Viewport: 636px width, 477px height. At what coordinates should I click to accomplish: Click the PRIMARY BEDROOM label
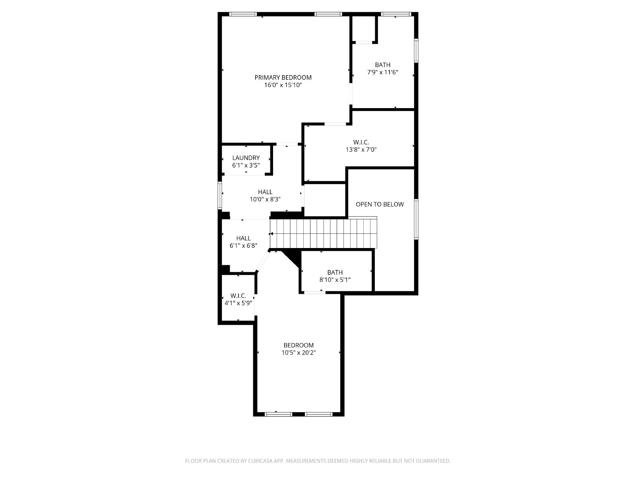pyautogui.click(x=283, y=78)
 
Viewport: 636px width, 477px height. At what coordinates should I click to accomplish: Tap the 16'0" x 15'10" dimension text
pyautogui.click(x=283, y=85)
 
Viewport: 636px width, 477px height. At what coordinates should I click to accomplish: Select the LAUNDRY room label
pyautogui.click(x=246, y=158)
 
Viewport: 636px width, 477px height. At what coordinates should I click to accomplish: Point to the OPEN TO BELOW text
pyautogui.click(x=380, y=204)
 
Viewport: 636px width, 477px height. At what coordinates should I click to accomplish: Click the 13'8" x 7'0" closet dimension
pyautogui.click(x=361, y=150)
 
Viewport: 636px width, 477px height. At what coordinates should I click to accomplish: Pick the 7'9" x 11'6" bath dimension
pyautogui.click(x=382, y=72)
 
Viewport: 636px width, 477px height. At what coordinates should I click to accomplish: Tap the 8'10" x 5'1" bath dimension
pyautogui.click(x=335, y=280)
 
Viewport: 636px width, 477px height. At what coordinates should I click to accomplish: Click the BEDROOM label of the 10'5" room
pyautogui.click(x=299, y=345)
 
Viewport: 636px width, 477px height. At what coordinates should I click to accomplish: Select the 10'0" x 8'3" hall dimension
pyautogui.click(x=265, y=199)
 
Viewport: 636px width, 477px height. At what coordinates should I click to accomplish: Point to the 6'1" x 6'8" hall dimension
pyautogui.click(x=243, y=246)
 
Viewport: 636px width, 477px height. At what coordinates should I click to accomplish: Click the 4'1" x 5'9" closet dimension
pyautogui.click(x=238, y=303)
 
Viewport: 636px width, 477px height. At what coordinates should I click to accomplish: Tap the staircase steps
pyautogui.click(x=323, y=233)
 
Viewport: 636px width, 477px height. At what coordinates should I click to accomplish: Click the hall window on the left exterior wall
pyautogui.click(x=220, y=195)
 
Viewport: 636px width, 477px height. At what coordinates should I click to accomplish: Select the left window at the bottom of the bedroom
pyautogui.click(x=279, y=415)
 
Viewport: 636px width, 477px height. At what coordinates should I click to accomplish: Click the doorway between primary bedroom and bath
pyautogui.click(x=351, y=94)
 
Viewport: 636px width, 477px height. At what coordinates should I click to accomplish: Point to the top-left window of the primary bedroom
pyautogui.click(x=243, y=14)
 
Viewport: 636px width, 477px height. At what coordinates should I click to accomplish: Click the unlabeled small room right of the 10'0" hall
pyautogui.click(x=324, y=200)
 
